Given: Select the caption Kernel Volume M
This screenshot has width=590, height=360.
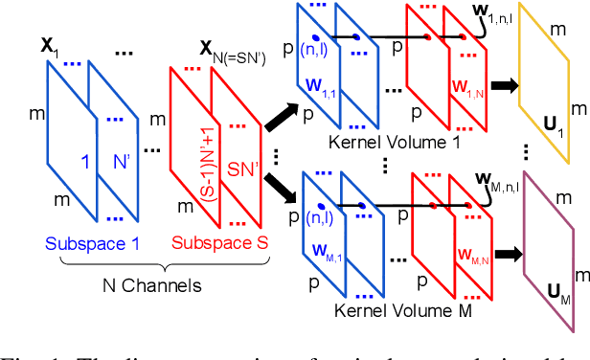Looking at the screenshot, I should [393, 313].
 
